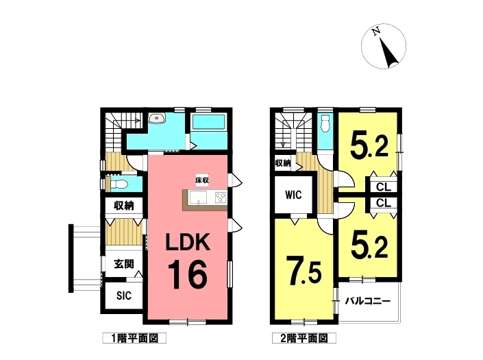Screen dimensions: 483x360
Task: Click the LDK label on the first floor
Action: [x=188, y=242]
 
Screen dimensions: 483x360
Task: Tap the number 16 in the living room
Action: [x=187, y=274]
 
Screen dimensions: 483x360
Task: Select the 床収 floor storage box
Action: [x=202, y=180]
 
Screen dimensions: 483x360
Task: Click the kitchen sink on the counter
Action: [x=198, y=197]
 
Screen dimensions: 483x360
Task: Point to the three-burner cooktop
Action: [x=221, y=197]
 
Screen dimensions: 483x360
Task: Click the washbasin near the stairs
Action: [x=157, y=118]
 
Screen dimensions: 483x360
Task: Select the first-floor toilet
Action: [x=119, y=184]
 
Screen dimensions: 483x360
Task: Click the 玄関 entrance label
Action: [x=124, y=264]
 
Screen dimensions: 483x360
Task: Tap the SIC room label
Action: [x=124, y=296]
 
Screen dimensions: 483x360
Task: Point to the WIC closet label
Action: [x=293, y=195]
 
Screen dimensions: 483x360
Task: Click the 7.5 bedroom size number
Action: [x=304, y=271]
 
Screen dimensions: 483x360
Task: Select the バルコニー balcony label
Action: [x=368, y=301]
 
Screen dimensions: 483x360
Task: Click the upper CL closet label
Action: [x=384, y=187]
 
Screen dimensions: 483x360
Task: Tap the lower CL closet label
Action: [x=384, y=203]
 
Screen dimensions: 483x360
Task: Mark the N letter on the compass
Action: [x=375, y=32]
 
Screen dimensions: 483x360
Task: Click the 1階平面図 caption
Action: [x=134, y=339]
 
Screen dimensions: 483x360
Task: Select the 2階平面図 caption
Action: [x=304, y=339]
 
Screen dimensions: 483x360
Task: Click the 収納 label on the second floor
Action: [x=283, y=163]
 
